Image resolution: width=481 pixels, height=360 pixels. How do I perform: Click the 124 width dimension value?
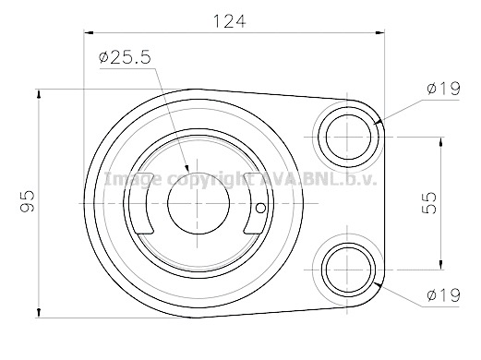(230, 21)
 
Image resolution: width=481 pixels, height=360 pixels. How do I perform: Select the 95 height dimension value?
(27, 201)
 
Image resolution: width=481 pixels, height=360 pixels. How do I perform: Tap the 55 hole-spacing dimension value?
(429, 203)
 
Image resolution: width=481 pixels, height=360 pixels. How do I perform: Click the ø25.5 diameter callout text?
(125, 57)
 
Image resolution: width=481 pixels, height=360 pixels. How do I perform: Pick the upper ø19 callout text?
(443, 89)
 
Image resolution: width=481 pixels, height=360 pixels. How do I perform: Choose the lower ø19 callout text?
(443, 295)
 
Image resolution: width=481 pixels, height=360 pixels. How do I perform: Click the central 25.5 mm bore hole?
(198, 203)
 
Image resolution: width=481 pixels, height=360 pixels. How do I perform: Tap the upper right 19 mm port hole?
(348, 137)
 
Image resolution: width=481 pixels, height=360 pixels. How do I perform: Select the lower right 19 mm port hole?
(348, 270)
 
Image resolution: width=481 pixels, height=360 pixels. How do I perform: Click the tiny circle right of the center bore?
(260, 209)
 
